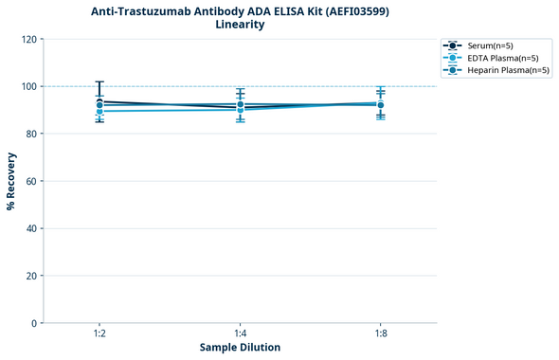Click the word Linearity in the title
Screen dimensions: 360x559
tap(240, 25)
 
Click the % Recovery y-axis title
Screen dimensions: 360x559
tap(11, 181)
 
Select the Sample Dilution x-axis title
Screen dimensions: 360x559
tap(240, 348)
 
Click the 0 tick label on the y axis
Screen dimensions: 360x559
tap(33, 323)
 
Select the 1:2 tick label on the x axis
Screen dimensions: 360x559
tap(99, 333)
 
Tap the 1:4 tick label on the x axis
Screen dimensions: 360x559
tap(240, 333)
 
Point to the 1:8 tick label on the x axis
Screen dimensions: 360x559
tap(380, 333)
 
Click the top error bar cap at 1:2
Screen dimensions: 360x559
tap(99, 81)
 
